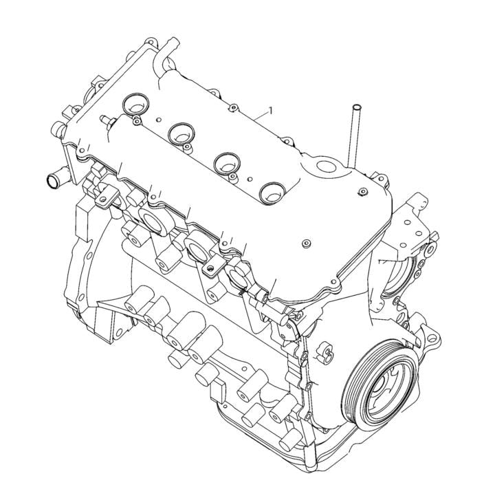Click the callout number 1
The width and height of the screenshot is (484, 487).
pos(271,110)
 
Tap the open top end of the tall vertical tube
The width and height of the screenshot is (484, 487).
pos(355,107)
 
